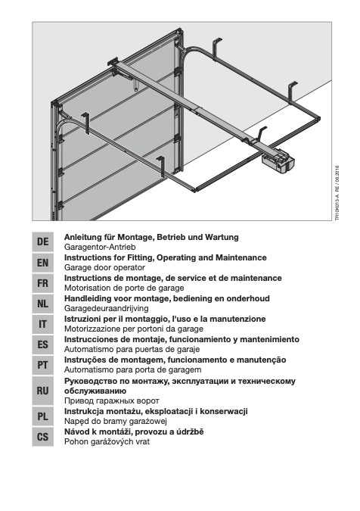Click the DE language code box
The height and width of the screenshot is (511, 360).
click(42, 241)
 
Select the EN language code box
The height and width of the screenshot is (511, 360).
click(42, 263)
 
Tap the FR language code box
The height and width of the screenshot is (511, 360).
click(42, 283)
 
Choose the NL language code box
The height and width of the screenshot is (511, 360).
click(42, 304)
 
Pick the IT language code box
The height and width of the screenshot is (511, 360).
click(42, 324)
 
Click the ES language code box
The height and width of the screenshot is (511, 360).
click(42, 344)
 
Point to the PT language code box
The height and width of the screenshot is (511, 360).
click(42, 365)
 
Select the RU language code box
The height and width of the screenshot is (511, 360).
click(42, 391)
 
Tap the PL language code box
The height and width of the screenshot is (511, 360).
click(42, 416)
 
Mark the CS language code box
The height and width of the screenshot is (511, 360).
click(42, 437)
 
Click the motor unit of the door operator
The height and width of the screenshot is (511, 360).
click(278, 161)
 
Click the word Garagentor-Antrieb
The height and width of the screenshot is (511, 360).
click(100, 247)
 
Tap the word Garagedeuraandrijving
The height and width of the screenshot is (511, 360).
click(107, 308)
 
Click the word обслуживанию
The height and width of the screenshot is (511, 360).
click(95, 391)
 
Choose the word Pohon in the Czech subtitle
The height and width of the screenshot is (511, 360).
click(75, 441)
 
